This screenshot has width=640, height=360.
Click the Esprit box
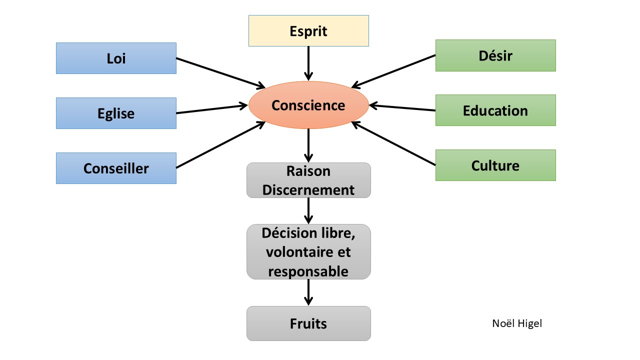coord(308,31)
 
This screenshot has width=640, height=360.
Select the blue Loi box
coord(116,58)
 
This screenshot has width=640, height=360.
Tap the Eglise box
coord(116,113)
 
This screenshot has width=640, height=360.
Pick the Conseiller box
coord(116,168)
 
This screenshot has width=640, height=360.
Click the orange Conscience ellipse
coord(308,105)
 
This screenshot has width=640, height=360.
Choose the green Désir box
coord(495,55)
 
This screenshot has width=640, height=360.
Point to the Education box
coord(495,110)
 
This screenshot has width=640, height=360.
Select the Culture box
coord(495,165)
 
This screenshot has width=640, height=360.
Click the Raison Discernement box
coord(308,180)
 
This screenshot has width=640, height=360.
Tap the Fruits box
coord(308,323)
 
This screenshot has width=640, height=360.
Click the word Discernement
coord(308,190)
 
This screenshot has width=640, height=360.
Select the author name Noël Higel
coord(517,323)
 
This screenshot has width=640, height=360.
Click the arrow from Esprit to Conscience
coord(308,63)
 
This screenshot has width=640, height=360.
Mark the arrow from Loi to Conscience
coord(220,73)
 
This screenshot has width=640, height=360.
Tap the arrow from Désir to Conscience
coord(394,71)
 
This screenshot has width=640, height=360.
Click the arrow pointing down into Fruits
coord(308,292)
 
